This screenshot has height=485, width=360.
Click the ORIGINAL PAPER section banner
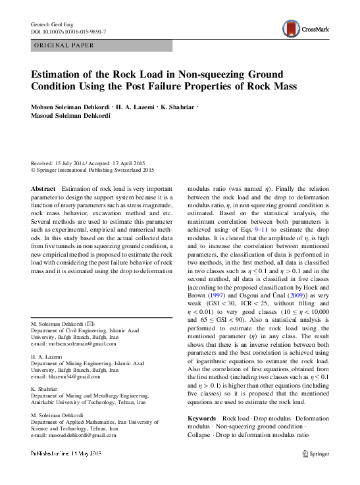click(x=64, y=45)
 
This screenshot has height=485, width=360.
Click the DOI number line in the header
click(x=68, y=32)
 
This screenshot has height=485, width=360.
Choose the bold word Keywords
click(x=201, y=419)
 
